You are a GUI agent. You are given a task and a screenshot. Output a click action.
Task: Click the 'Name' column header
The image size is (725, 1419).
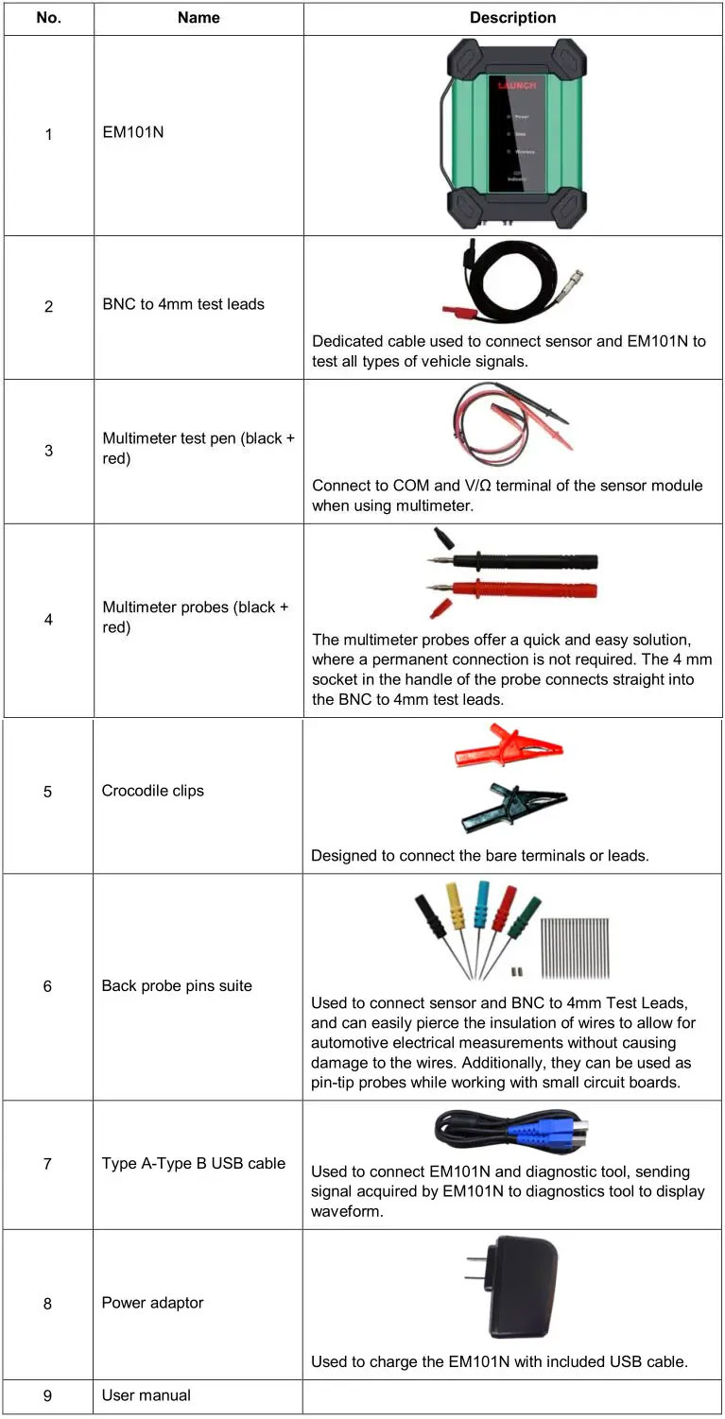[x=199, y=18]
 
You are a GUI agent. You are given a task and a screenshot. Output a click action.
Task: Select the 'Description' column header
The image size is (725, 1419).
[x=513, y=18]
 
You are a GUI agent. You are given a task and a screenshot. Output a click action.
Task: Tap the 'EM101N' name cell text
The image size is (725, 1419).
[x=133, y=132]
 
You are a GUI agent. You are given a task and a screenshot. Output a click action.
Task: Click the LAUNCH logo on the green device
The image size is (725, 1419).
[x=517, y=86]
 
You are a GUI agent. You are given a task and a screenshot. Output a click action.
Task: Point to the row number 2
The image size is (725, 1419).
[x=49, y=307]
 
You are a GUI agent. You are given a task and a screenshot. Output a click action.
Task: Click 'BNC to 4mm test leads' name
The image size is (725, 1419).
[x=183, y=304]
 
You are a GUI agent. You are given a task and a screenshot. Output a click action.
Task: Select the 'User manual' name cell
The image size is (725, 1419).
[x=147, y=1395]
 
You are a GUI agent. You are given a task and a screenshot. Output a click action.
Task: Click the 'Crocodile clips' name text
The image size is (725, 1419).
[x=152, y=791]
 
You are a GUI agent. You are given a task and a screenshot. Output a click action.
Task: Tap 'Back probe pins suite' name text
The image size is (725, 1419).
[x=177, y=985]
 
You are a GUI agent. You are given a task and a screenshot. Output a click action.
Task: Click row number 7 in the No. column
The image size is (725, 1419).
[x=47, y=1164]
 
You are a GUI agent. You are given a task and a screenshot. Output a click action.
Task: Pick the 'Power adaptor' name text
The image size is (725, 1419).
[x=152, y=1303]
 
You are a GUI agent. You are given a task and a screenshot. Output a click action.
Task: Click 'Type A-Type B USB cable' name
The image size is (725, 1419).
[x=194, y=1163]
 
